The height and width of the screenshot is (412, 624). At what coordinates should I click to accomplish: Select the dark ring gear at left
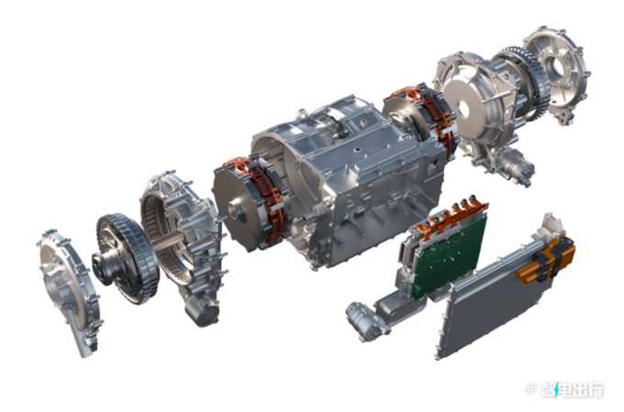tap(124, 258)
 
